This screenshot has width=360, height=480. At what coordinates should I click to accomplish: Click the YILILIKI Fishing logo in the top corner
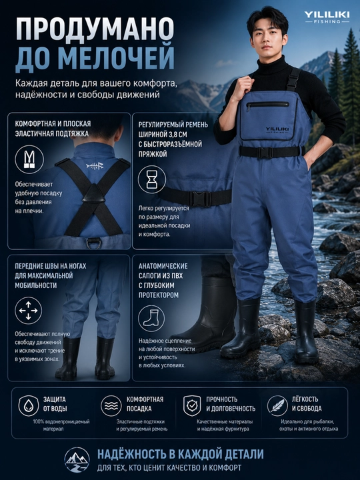[327, 17]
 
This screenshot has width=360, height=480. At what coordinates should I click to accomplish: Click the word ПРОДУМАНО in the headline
[95, 29]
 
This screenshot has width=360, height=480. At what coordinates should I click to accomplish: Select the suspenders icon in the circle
[29, 159]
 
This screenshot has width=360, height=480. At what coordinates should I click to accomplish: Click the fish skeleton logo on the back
[95, 166]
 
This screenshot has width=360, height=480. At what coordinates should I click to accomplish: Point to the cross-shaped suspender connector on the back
[93, 194]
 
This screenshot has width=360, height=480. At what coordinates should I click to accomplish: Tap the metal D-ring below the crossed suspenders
[93, 243]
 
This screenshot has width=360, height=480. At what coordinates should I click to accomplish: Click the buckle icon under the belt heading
[152, 179]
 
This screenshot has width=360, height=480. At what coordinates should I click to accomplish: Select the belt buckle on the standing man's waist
[265, 153]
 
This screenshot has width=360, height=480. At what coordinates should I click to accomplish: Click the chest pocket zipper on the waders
[267, 105]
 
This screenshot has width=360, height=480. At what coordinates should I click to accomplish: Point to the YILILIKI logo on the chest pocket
[277, 130]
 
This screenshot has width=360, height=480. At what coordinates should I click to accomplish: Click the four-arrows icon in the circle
[28, 311]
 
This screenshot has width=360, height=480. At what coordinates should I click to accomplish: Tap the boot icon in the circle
[151, 319]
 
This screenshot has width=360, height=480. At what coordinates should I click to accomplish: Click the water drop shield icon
[29, 406]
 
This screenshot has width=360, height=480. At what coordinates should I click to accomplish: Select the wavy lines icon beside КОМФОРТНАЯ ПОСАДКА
[111, 406]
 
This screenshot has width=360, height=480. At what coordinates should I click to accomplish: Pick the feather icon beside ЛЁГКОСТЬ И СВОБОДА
[277, 406]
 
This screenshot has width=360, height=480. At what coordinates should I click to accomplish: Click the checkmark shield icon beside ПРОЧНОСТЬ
[192, 406]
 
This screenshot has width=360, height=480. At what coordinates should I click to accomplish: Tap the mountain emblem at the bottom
[77, 460]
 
